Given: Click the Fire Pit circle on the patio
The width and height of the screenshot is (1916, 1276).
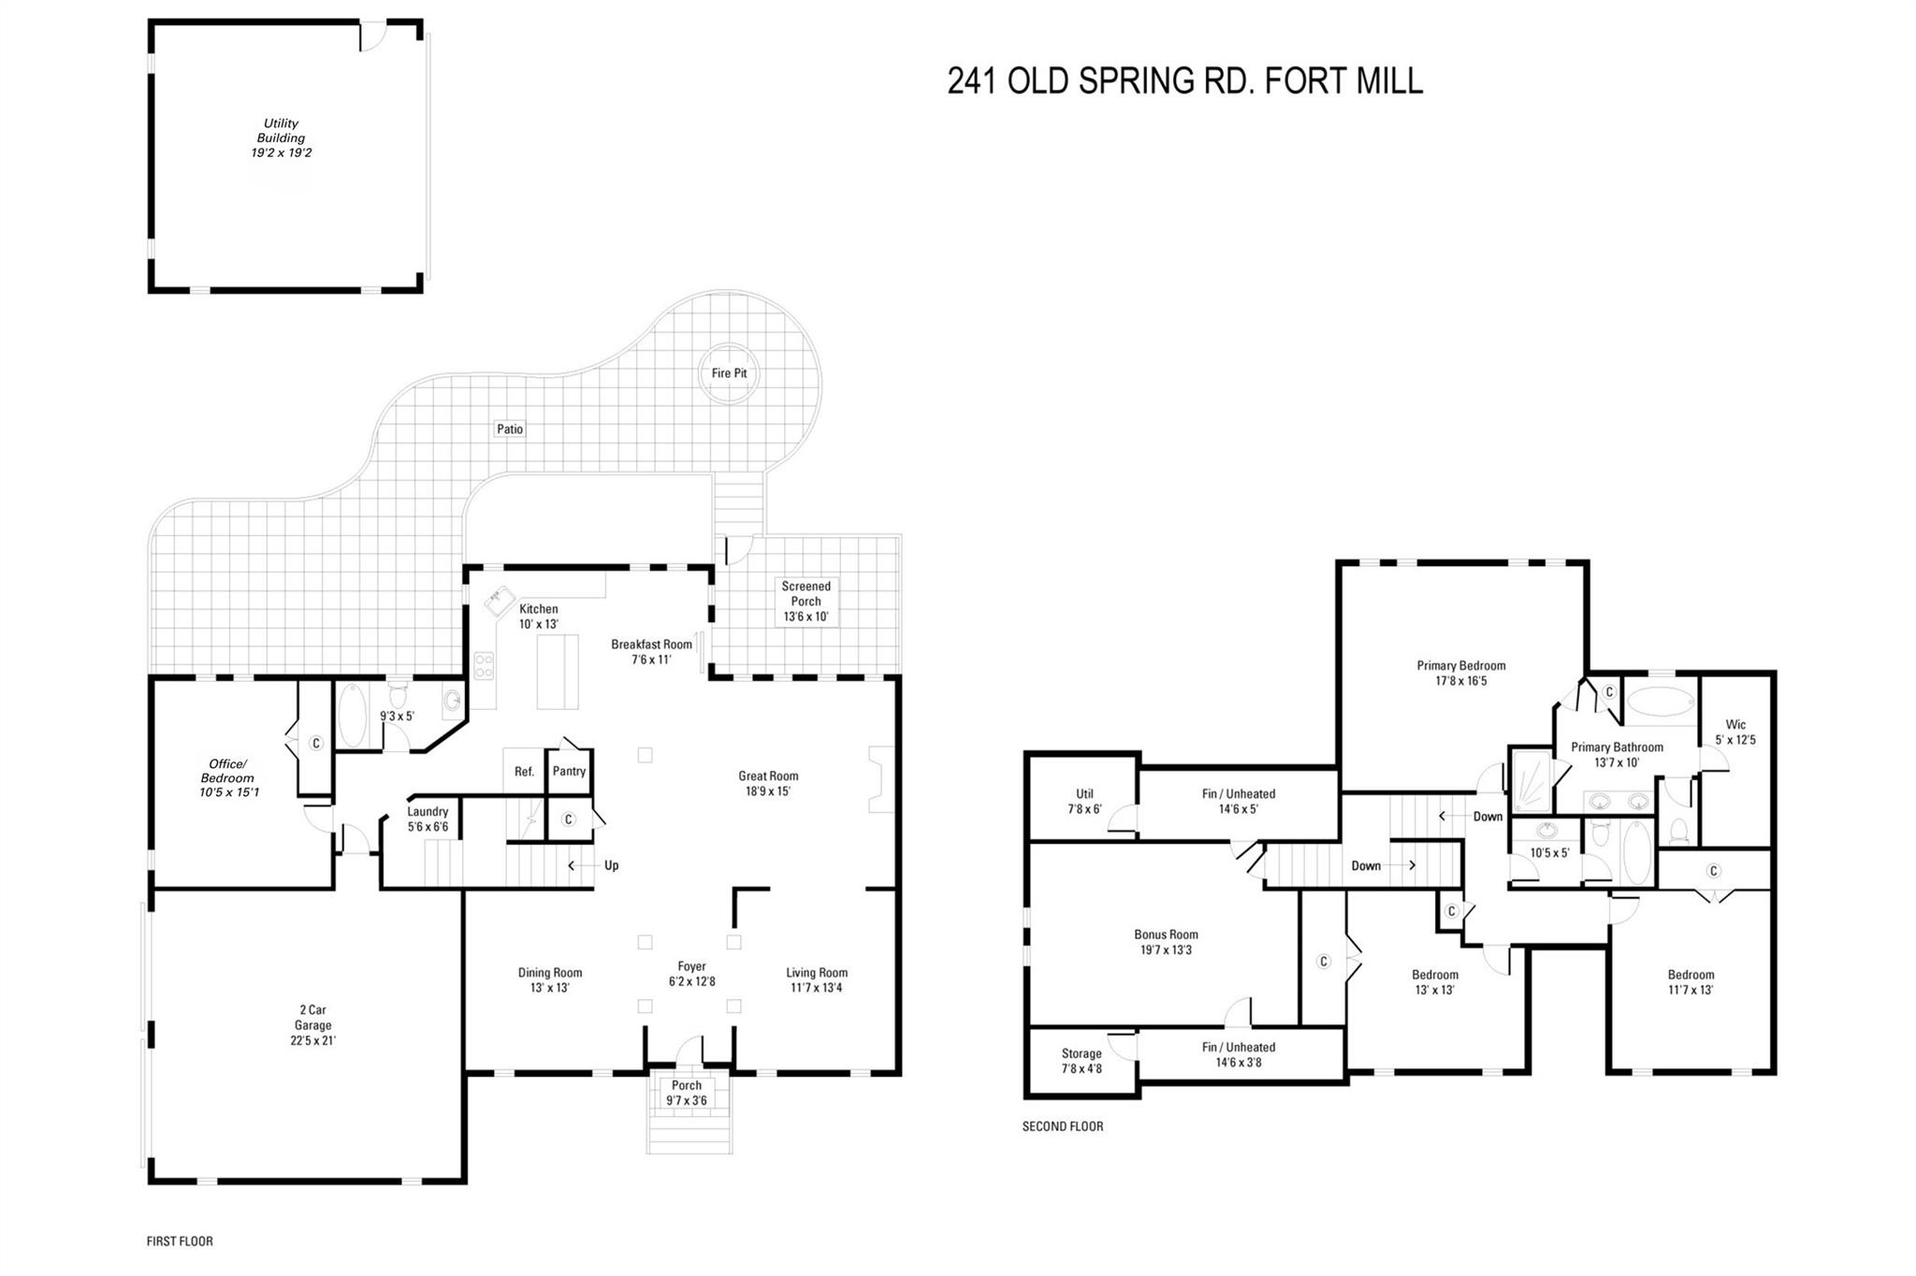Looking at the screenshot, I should [x=729, y=373].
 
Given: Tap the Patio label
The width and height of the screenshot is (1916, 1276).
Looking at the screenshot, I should [x=510, y=428].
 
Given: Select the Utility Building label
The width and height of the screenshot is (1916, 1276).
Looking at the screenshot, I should [x=281, y=138].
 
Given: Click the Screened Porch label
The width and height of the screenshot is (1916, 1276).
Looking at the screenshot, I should [x=806, y=601].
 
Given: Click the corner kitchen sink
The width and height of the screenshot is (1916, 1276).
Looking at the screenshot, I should [x=500, y=600].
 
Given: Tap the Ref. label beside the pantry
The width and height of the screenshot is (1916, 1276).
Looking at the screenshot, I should [x=524, y=772].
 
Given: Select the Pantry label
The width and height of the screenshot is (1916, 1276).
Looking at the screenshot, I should [x=569, y=772].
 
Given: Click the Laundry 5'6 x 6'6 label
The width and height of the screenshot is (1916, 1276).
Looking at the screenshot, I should [x=428, y=819].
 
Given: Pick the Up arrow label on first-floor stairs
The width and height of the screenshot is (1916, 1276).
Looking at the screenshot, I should [x=611, y=865].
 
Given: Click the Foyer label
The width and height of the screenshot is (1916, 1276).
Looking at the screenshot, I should [x=691, y=973].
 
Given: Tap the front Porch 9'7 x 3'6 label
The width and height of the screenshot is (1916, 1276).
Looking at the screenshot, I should [x=686, y=1093].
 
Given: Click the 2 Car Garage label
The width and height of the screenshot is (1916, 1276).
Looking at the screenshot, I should [x=312, y=1024].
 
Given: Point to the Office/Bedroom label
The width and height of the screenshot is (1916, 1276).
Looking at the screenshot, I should [x=227, y=777].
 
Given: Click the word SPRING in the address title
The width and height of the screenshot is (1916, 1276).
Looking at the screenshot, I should [x=1136, y=81].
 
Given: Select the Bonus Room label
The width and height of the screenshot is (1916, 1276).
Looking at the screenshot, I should [x=1166, y=941].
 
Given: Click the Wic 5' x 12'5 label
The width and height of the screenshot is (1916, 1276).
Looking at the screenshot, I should [x=1735, y=732].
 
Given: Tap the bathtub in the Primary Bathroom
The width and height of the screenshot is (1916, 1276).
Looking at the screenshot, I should [x=1661, y=702].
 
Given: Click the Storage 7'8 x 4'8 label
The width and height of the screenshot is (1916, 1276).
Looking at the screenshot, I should [x=1081, y=1060].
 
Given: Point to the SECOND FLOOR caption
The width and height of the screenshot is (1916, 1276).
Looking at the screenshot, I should [x=1063, y=1126].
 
